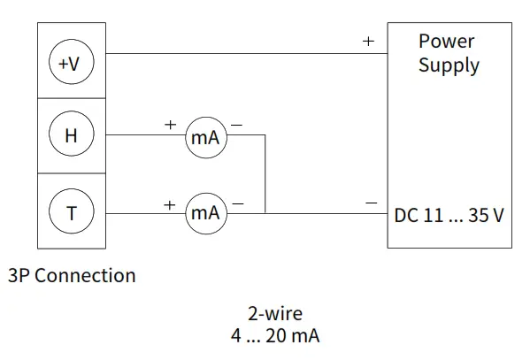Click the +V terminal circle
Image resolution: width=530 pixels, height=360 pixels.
(x=71, y=64)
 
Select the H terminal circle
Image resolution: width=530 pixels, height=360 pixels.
(x=71, y=136)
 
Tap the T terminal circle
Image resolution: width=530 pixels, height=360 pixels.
(x=71, y=212)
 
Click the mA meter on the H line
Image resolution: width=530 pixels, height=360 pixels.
(x=205, y=137)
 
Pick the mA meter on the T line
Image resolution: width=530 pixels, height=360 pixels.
(x=205, y=213)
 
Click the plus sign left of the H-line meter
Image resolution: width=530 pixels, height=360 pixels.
(x=170, y=126)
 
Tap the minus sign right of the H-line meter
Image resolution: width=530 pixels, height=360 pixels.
(x=236, y=126)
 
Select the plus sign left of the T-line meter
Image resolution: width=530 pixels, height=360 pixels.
(x=169, y=203)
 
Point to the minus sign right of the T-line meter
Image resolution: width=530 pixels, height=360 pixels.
(x=236, y=203)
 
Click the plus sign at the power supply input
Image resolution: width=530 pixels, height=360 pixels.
(x=368, y=42)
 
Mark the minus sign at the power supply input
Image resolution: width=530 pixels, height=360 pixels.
(x=372, y=203)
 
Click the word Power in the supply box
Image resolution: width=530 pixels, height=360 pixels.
(x=447, y=41)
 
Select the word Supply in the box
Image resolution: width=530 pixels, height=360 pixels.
(x=449, y=65)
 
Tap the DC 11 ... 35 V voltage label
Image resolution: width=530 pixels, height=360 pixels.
(x=449, y=214)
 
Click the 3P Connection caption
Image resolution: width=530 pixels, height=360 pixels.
(x=72, y=275)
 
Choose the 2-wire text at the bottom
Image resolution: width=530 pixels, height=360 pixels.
(x=275, y=313)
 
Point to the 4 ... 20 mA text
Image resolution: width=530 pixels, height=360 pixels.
(x=275, y=336)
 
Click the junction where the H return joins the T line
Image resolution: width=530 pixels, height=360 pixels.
(x=265, y=213)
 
